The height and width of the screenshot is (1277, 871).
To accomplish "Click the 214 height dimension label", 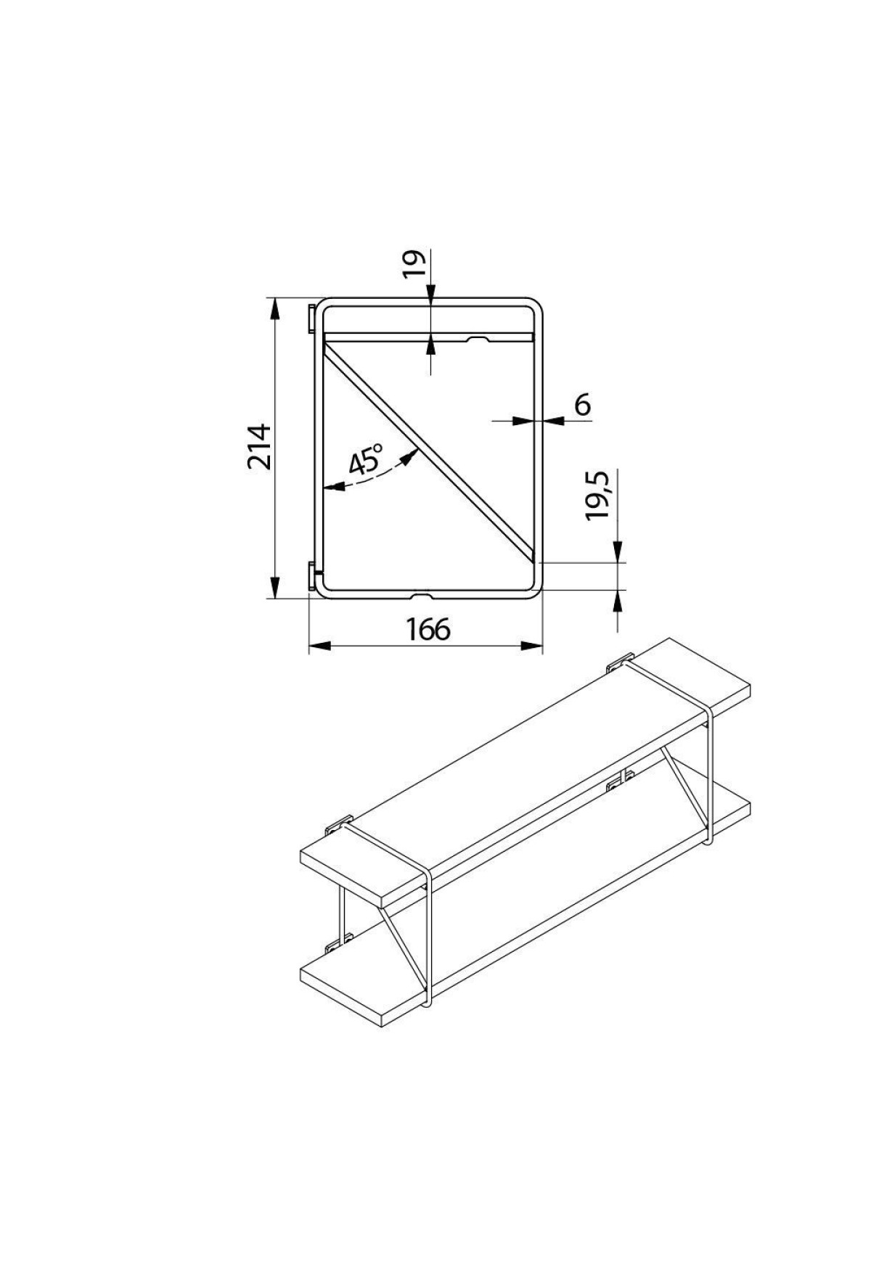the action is pos(259,447).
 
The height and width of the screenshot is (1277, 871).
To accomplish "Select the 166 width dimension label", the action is pos(428,629).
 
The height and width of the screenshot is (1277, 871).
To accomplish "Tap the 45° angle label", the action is pos(366,460).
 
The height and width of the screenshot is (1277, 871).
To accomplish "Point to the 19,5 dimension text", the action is pos(600,495).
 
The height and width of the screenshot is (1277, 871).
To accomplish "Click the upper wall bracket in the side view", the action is pos(312,319).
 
